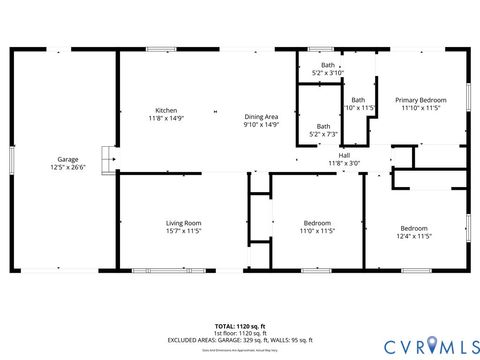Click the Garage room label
tap(68, 159)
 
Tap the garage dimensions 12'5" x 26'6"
tap(68, 167)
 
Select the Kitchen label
tap(165, 110)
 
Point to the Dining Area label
tap(261, 117)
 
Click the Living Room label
tap(184, 222)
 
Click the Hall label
tap(344, 155)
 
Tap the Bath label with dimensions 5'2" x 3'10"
tap(327, 65)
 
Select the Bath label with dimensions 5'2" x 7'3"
tap(323, 126)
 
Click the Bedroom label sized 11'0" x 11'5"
tap(318, 222)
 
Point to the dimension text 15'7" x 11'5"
tap(184, 230)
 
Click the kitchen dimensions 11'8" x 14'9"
tap(165, 118)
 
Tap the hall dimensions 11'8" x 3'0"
tap(344, 163)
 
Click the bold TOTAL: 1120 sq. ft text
tap(240, 326)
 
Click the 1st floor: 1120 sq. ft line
tap(240, 332)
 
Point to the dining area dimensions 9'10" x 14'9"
tap(261, 125)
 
